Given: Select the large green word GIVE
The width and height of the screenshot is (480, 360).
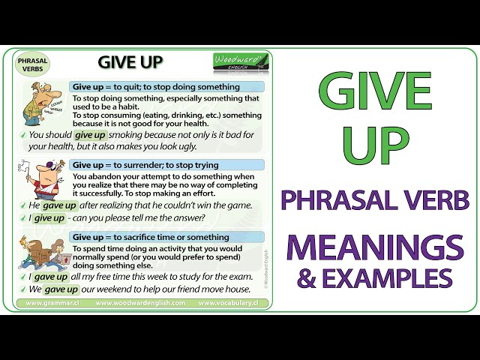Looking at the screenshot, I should coord(374,91).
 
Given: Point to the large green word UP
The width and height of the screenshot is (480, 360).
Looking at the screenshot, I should coord(375,146).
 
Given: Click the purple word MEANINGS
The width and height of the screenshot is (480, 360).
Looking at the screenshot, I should coord(374,247).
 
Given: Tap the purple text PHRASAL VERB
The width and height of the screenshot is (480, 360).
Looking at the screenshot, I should coord(374,200).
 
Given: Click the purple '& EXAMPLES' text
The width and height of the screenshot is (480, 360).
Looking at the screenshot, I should coord(375,278).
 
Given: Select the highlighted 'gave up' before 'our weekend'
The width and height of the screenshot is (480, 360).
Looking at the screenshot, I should coord(61,289).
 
